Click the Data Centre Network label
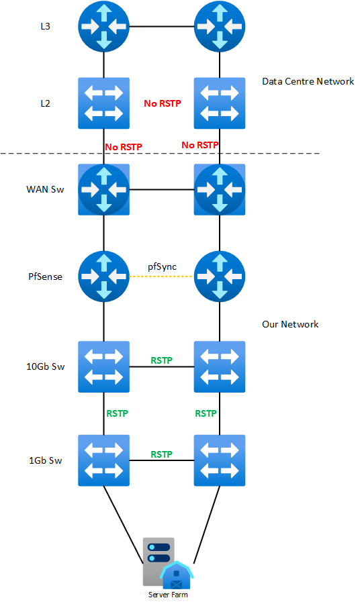point(308,81)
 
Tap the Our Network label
point(290,324)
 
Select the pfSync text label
point(163,267)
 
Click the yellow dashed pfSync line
point(161,276)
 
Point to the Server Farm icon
point(168,564)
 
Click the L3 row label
point(46,27)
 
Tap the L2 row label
point(46,103)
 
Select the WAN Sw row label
point(45,189)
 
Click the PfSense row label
point(45,276)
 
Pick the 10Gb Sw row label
point(46,366)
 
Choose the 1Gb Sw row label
point(46,460)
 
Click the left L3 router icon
point(103,27)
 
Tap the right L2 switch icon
point(220,103)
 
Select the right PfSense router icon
point(220,276)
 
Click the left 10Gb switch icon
point(103,366)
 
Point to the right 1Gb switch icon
point(220,460)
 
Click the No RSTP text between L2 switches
point(163,103)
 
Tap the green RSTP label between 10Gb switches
point(161,360)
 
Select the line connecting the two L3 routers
point(161,27)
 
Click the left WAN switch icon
point(103,189)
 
